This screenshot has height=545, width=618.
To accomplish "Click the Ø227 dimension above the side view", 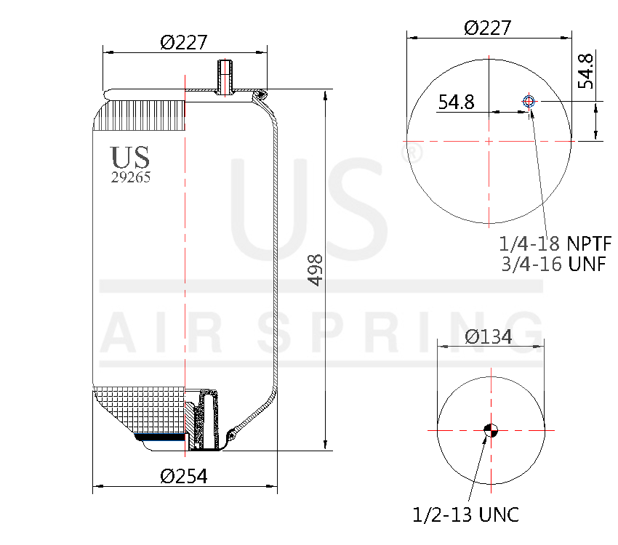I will coord(183,43).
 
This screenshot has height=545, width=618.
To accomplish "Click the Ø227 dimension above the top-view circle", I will coord(487,28).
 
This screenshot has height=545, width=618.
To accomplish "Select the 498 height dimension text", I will coord(315,270).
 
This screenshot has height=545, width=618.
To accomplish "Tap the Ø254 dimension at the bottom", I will coord(184,476).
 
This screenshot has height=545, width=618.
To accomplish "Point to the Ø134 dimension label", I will coord(489,336).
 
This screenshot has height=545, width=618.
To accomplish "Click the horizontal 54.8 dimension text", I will coord(456,102).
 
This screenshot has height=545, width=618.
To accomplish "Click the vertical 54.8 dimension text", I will coord(586,71).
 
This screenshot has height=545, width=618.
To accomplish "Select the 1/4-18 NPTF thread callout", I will coord(555,242).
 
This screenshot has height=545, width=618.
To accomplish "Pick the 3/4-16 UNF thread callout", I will coord(553,264).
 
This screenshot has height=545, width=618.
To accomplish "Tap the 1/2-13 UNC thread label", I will coord(465,515).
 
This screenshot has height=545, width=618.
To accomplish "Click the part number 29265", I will coord(131,177).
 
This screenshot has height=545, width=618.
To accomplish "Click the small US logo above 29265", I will coord(131,157).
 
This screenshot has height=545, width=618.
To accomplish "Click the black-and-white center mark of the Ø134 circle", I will coord(491,430).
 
